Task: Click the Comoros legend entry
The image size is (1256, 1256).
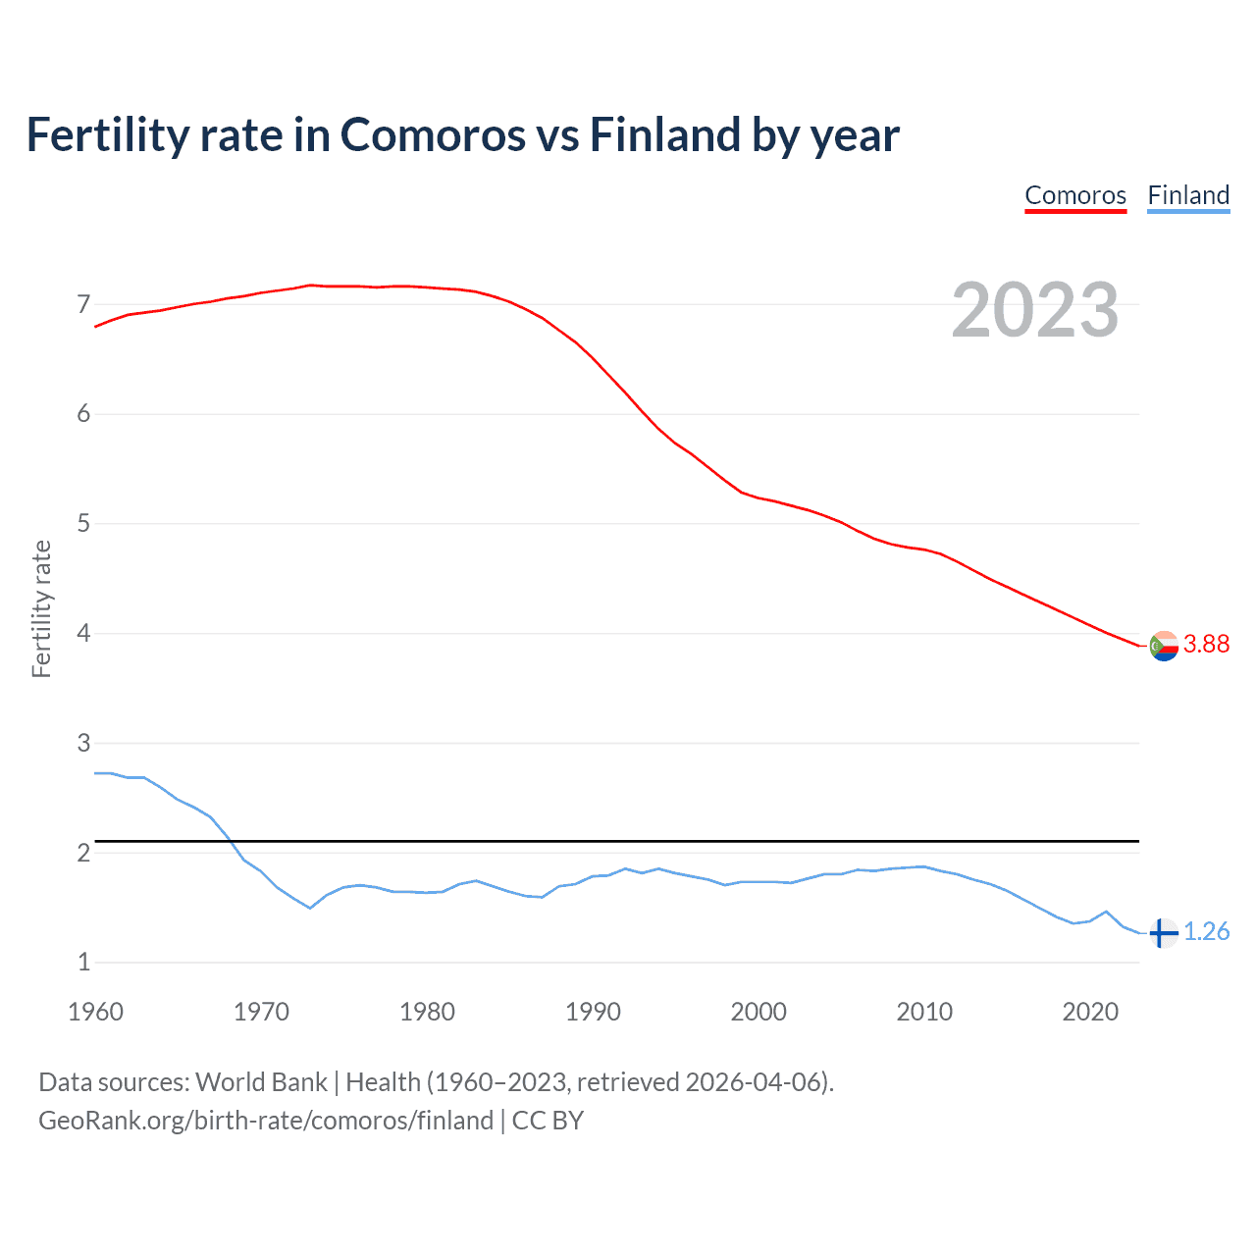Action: pos(1075,195)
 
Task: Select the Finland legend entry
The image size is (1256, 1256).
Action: pos(1188,195)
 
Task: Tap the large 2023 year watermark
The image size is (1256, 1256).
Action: pos(1034,310)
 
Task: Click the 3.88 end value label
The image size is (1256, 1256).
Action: pos(1206,644)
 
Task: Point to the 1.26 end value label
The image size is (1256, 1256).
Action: pos(1206,931)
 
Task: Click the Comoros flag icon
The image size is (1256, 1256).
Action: pos(1164,646)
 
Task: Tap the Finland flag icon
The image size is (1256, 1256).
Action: pos(1163,932)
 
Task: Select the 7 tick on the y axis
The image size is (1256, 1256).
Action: pos(83,304)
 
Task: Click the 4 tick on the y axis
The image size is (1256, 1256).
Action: pos(83,633)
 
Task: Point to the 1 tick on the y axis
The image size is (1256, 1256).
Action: pos(83,962)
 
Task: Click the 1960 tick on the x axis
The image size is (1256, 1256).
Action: pos(95,1012)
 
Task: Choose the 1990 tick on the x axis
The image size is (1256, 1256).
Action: pos(593,1012)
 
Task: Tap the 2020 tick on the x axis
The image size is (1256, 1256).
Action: pos(1090,1012)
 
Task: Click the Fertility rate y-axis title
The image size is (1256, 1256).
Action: pos(41,608)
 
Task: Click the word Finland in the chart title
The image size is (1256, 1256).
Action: pos(664,134)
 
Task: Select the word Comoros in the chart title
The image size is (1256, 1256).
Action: pos(433,134)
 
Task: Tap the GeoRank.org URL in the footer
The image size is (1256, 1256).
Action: pos(265,1121)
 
